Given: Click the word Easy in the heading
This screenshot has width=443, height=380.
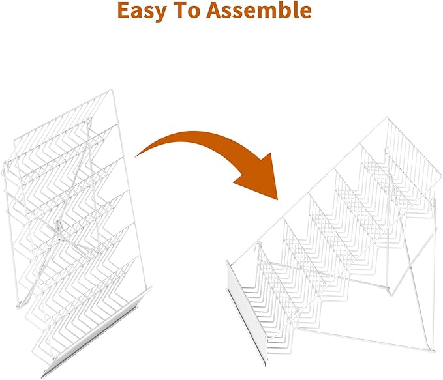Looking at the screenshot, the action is [141, 10].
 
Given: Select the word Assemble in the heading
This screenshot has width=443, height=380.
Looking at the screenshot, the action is [258, 10].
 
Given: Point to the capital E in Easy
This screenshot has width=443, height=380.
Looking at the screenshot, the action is [123, 10].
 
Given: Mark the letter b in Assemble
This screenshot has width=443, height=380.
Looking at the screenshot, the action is [284, 10].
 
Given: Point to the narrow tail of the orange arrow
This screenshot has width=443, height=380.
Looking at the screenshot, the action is [137, 155].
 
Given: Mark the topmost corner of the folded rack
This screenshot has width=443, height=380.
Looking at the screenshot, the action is [112, 90].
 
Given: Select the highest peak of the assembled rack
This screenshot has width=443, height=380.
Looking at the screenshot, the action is [387, 117].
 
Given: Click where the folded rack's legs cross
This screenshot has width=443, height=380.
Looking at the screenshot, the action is [59, 232].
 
